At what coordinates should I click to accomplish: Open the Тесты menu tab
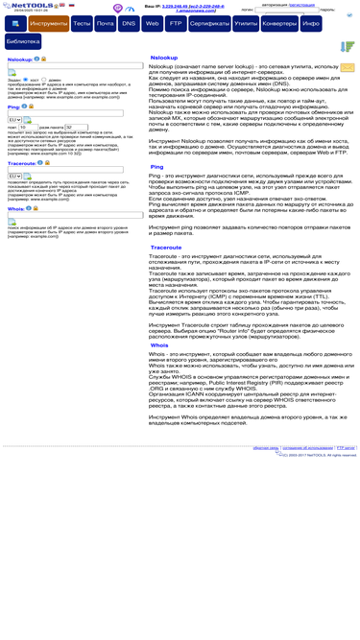point(83,22)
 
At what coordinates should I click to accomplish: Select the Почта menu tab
point(106,22)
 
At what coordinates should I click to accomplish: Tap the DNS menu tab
point(129,22)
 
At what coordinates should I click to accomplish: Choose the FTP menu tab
point(174,22)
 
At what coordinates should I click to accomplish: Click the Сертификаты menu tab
point(209,22)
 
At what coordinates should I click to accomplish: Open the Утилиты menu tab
point(246,22)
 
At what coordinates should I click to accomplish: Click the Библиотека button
point(23,42)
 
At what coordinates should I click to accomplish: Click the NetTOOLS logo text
point(26,6)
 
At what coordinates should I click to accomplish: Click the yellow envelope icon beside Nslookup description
point(347,68)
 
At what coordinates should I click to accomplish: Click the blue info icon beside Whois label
point(29,207)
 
